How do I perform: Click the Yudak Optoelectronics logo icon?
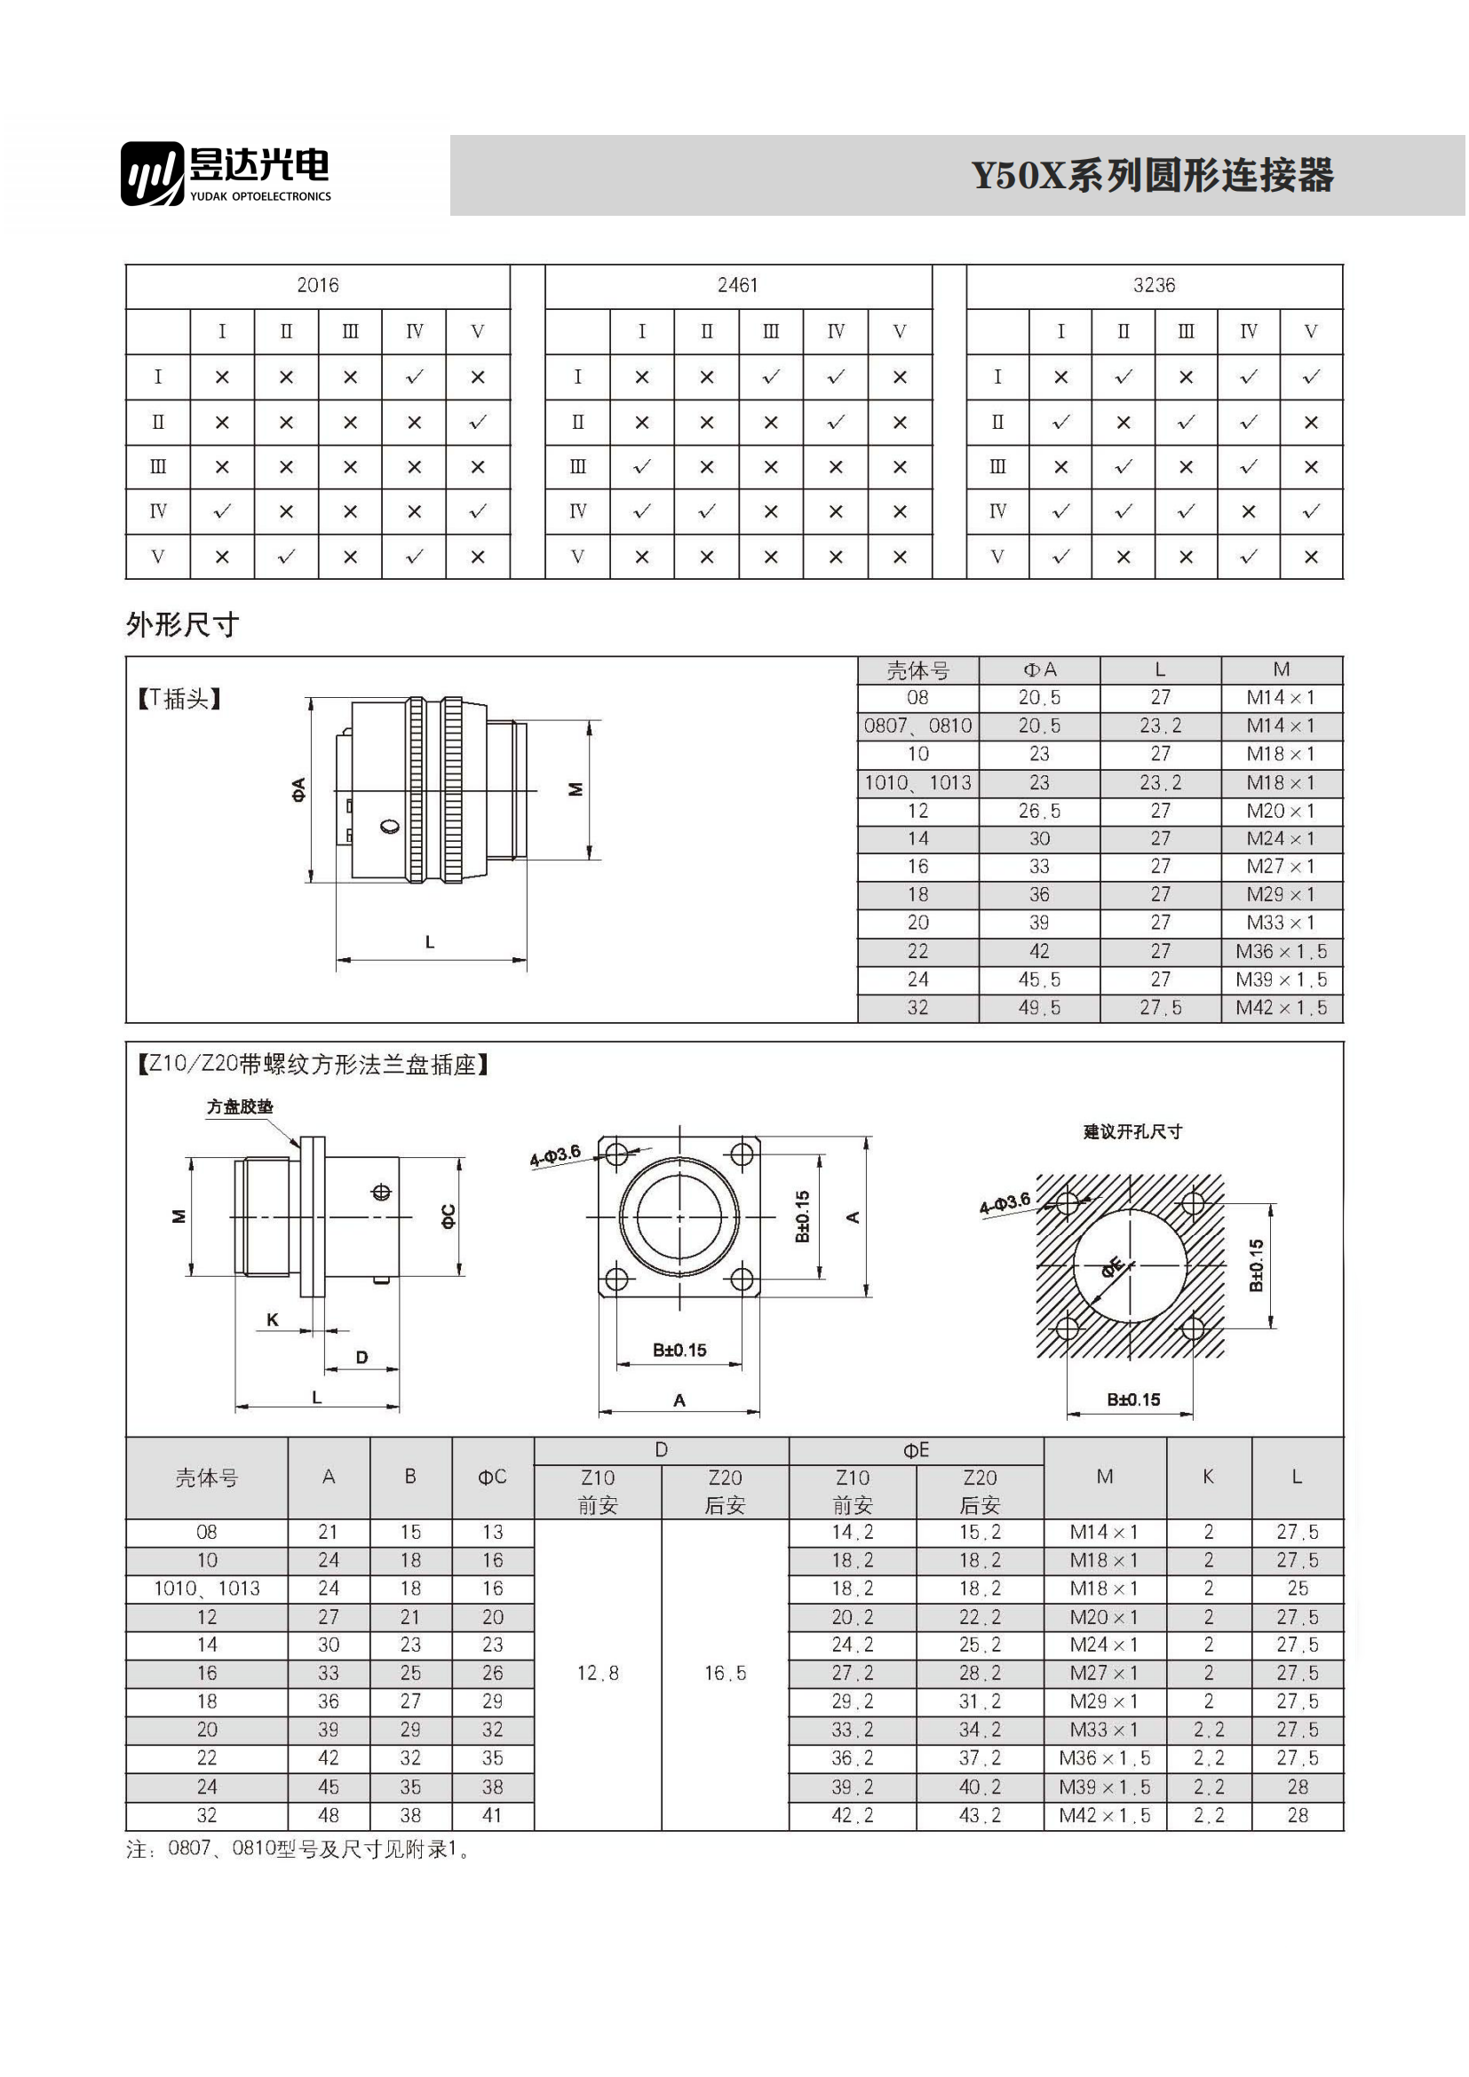pyautogui.click(x=153, y=173)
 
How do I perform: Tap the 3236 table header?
pyautogui.click(x=1155, y=286)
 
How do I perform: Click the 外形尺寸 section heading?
pyautogui.click(x=182, y=625)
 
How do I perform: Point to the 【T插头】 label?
pyautogui.click(x=179, y=699)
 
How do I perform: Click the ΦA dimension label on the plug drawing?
pyautogui.click(x=298, y=789)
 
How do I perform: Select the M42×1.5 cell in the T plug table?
pyautogui.click(x=1281, y=1009)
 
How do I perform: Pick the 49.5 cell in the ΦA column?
pyautogui.click(x=1039, y=1009)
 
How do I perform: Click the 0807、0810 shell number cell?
pyautogui.click(x=917, y=726)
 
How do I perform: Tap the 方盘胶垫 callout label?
pyautogui.click(x=240, y=1107)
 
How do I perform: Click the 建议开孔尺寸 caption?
pyautogui.click(x=1132, y=1132)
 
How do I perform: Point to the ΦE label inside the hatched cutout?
pyautogui.click(x=1113, y=1267)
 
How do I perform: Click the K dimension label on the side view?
pyautogui.click(x=273, y=1320)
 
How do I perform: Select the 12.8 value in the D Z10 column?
pyautogui.click(x=598, y=1675)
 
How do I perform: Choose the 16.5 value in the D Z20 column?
pyautogui.click(x=726, y=1675)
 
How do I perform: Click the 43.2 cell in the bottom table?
pyautogui.click(x=980, y=1817)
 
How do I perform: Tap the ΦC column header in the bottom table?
pyautogui.click(x=492, y=1478)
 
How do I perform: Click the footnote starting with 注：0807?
pyautogui.click(x=298, y=1850)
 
